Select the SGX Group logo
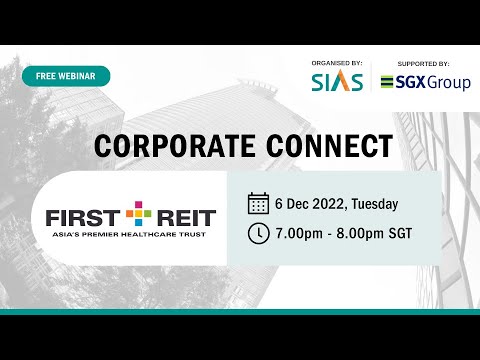click(x=426, y=82)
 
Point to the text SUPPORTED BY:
click(x=425, y=61)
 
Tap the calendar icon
click(x=257, y=205)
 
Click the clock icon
click(x=257, y=235)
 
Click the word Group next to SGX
click(x=446, y=83)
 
